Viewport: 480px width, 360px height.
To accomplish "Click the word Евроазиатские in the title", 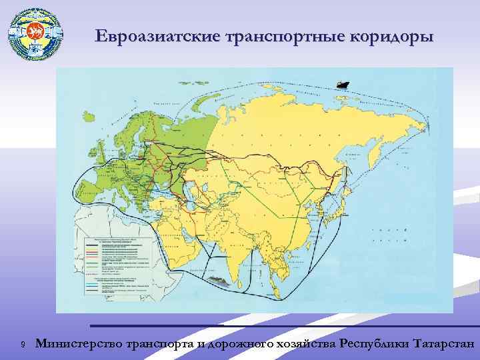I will click(149, 36).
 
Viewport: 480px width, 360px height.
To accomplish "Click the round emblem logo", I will click(35, 34).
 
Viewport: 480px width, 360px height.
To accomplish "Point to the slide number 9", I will click(23, 345).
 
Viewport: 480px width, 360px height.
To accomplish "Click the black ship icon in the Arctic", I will click(343, 85).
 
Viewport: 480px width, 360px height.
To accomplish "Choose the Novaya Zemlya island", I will click(200, 113).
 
